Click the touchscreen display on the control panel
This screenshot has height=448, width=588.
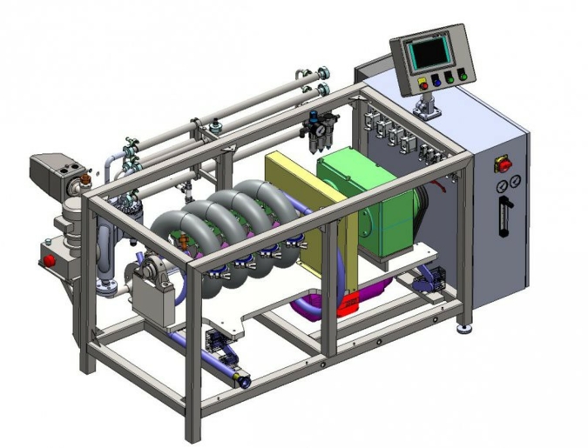tap(430, 55)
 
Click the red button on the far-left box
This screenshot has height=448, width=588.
tap(50, 259)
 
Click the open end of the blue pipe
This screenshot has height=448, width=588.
tap(244, 381)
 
